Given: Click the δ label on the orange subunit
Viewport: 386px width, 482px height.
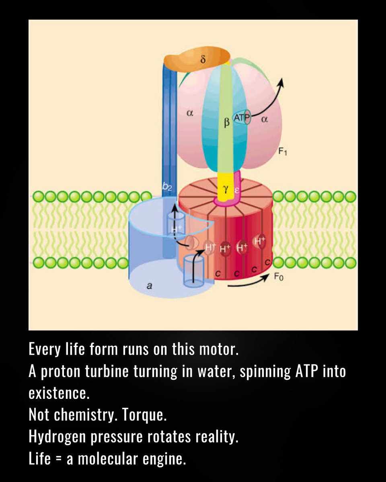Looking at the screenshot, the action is pyautogui.click(x=203, y=60).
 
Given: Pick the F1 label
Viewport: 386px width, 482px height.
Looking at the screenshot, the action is pyautogui.click(x=282, y=152).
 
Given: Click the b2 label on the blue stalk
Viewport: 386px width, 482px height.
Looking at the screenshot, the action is pyautogui.click(x=167, y=186).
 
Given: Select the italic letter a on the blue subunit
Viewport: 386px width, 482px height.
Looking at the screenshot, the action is pyautogui.click(x=149, y=286).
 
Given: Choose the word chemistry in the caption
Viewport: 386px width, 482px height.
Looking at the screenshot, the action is pyautogui.click(x=82, y=415).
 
